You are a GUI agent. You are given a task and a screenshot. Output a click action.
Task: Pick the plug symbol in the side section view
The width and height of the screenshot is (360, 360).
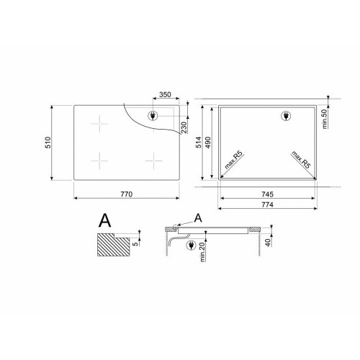[x=191, y=246]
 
